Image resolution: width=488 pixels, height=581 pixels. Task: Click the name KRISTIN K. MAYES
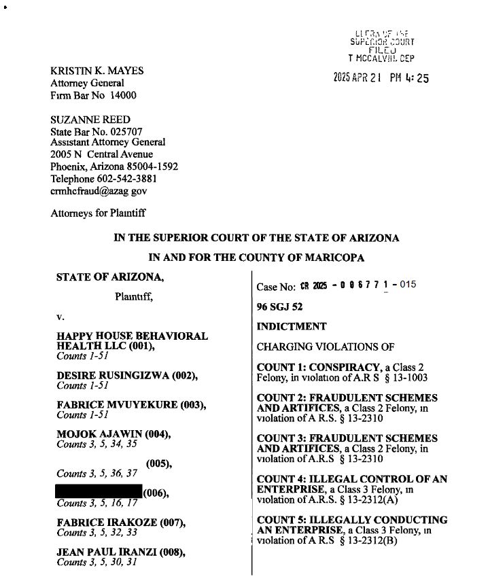(97, 71)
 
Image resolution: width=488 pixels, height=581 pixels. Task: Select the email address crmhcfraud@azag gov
(99, 191)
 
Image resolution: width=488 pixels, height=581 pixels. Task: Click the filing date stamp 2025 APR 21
(358, 78)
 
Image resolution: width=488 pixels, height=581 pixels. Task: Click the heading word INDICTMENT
(291, 326)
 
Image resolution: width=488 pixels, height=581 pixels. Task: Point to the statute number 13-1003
(407, 377)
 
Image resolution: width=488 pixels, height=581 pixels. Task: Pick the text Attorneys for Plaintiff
(98, 213)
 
